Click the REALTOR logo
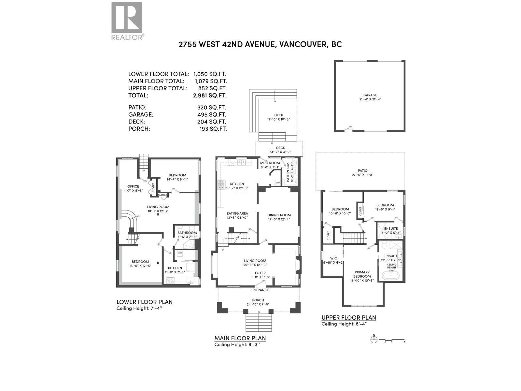[127, 21]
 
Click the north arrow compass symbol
[374, 340]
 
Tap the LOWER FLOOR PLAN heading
[144, 302]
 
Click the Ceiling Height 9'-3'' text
[237, 344]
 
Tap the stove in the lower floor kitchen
[170, 280]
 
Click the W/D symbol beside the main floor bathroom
[278, 183]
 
